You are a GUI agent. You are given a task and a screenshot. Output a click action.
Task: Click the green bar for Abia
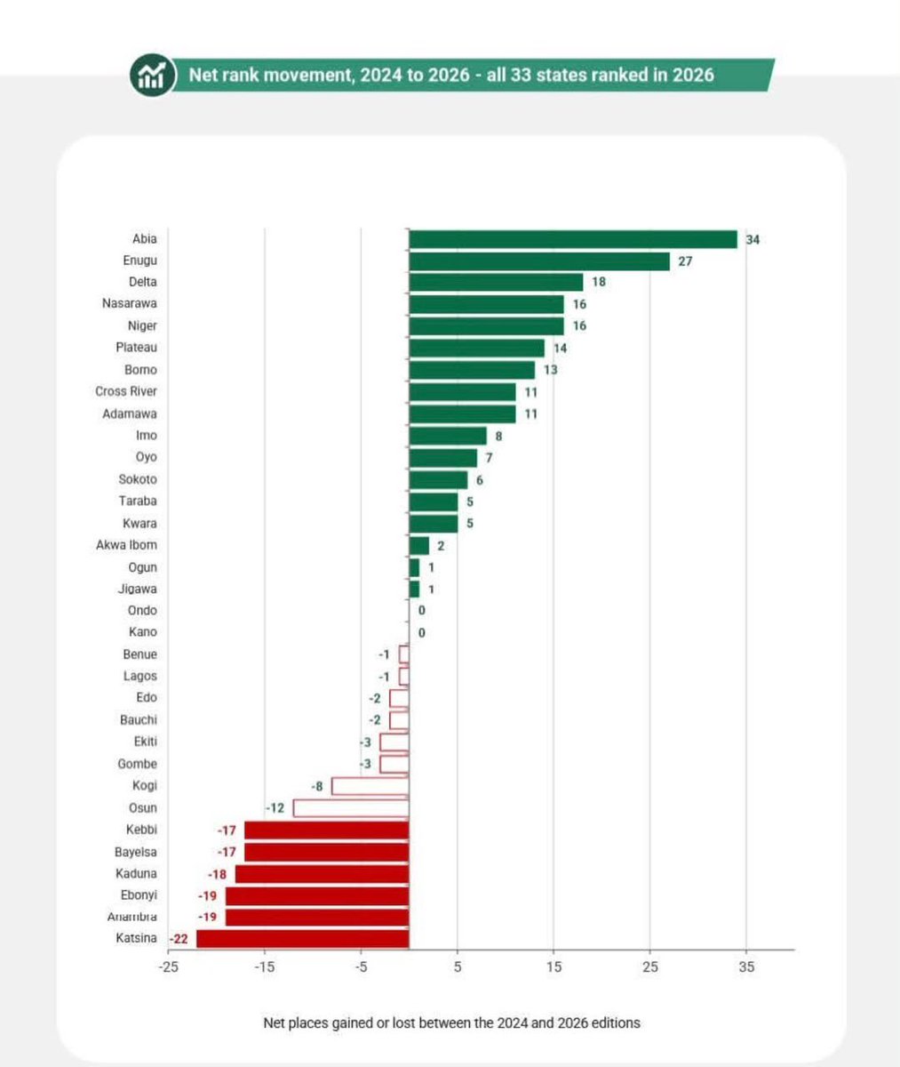click(x=573, y=239)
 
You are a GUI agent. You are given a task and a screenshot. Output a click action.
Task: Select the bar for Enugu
click(x=539, y=261)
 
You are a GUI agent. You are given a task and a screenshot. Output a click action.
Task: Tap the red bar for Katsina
click(x=303, y=939)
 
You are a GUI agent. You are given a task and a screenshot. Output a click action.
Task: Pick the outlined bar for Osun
click(x=352, y=808)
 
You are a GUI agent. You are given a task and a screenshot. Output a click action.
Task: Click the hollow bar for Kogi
click(x=370, y=786)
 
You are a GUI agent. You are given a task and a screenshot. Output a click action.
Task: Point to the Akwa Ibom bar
click(x=418, y=546)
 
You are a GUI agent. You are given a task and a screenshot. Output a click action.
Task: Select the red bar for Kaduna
click(x=323, y=874)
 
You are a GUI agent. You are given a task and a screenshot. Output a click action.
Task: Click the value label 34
click(x=753, y=240)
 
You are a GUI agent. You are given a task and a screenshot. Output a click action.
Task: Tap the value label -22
click(x=179, y=939)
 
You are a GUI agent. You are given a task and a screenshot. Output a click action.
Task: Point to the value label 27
click(x=685, y=261)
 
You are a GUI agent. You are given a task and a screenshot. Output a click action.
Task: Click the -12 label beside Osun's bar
click(x=275, y=808)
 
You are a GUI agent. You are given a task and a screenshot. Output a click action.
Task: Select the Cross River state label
click(x=126, y=391)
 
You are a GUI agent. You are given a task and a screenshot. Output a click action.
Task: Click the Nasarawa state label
click(x=129, y=303)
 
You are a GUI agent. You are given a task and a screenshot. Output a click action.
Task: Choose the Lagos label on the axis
click(x=140, y=676)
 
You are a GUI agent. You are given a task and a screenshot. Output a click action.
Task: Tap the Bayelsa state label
click(x=136, y=852)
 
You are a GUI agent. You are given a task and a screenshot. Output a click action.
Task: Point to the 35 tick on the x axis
click(x=746, y=967)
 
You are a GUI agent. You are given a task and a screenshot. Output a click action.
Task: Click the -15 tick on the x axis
click(x=265, y=967)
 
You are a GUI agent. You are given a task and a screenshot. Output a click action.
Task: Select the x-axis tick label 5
click(x=458, y=967)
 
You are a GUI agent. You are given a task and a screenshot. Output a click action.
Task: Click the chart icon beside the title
click(x=152, y=75)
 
